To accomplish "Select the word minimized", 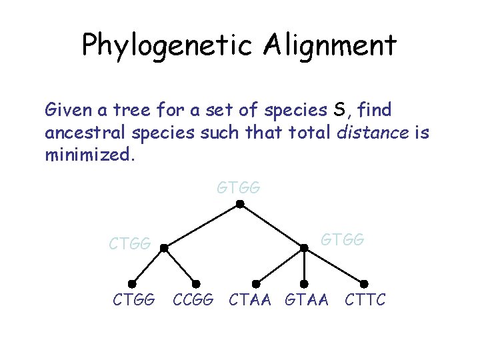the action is point(89,155).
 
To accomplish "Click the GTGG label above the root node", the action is point(239,189).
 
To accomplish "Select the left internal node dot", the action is point(164,248).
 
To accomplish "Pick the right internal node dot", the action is point(304,248).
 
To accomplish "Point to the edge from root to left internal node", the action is point(202,227).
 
